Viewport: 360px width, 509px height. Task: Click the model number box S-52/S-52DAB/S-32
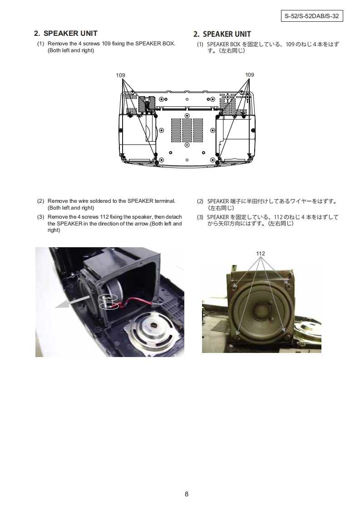pyautogui.click(x=311, y=16)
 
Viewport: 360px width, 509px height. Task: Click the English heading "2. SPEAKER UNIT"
pyautogui.click(x=66, y=34)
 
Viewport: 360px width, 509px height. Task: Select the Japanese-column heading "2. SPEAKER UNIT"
pyautogui.click(x=222, y=34)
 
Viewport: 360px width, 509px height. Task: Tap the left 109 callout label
pyautogui.click(x=121, y=75)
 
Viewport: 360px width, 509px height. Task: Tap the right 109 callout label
pyautogui.click(x=250, y=75)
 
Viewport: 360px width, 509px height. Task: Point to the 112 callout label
pyautogui.click(x=261, y=254)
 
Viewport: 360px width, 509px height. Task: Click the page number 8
pyautogui.click(x=187, y=494)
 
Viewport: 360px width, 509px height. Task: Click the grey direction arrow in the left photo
pyautogui.click(x=72, y=302)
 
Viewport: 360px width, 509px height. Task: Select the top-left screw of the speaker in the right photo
pyautogui.click(x=234, y=287)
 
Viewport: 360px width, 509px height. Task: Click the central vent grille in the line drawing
pyautogui.click(x=187, y=130)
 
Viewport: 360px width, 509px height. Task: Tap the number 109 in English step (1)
pyautogui.click(x=106, y=44)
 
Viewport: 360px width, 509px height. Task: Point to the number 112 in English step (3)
pyautogui.click(x=104, y=217)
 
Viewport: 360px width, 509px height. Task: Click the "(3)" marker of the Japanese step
pyautogui.click(x=200, y=217)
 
